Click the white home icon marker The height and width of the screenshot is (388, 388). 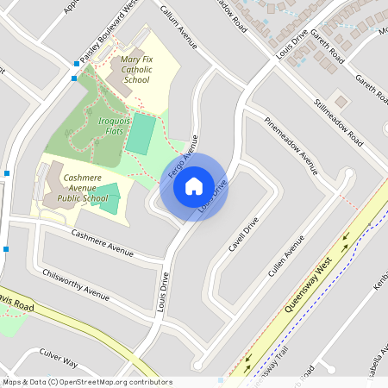coord(194,185)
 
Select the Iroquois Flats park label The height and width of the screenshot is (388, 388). coord(114,128)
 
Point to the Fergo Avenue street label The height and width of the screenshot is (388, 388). coord(183,155)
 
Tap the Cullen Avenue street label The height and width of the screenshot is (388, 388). coord(287,254)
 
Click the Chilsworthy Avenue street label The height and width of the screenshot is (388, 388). coord(76,284)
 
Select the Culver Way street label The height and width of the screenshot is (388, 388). coord(58,359)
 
